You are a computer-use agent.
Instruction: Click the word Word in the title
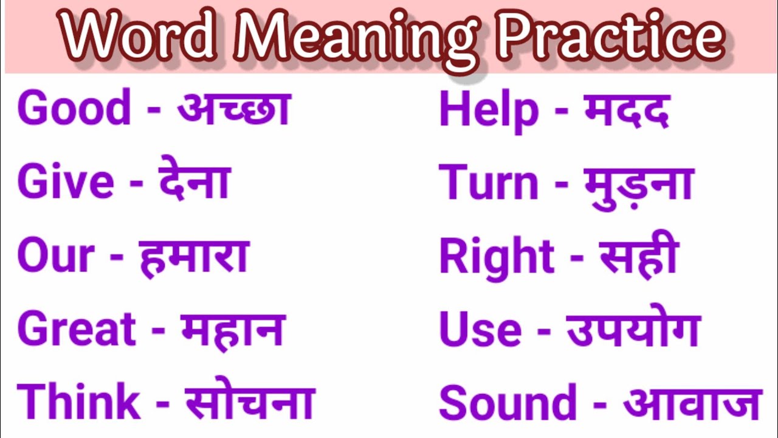point(140,37)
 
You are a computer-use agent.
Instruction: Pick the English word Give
point(66,182)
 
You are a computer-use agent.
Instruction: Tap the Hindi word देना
point(194,182)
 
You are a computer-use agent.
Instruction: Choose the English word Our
point(56,255)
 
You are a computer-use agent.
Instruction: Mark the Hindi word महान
point(232,329)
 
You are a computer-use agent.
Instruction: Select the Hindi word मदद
point(627,111)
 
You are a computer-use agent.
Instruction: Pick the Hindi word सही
point(639,255)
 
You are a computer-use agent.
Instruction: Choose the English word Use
point(480,329)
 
